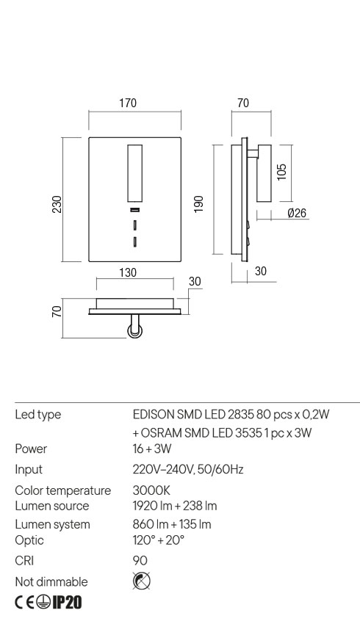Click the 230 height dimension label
[x=57, y=203]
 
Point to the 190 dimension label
[x=198, y=203]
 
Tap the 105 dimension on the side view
[x=282, y=171]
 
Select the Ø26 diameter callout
[x=297, y=213]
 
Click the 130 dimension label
[x=128, y=272]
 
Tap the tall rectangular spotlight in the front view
[x=134, y=173]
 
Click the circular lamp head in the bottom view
[x=134, y=333]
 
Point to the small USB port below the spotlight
[x=134, y=211]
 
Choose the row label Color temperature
[x=63, y=490]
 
